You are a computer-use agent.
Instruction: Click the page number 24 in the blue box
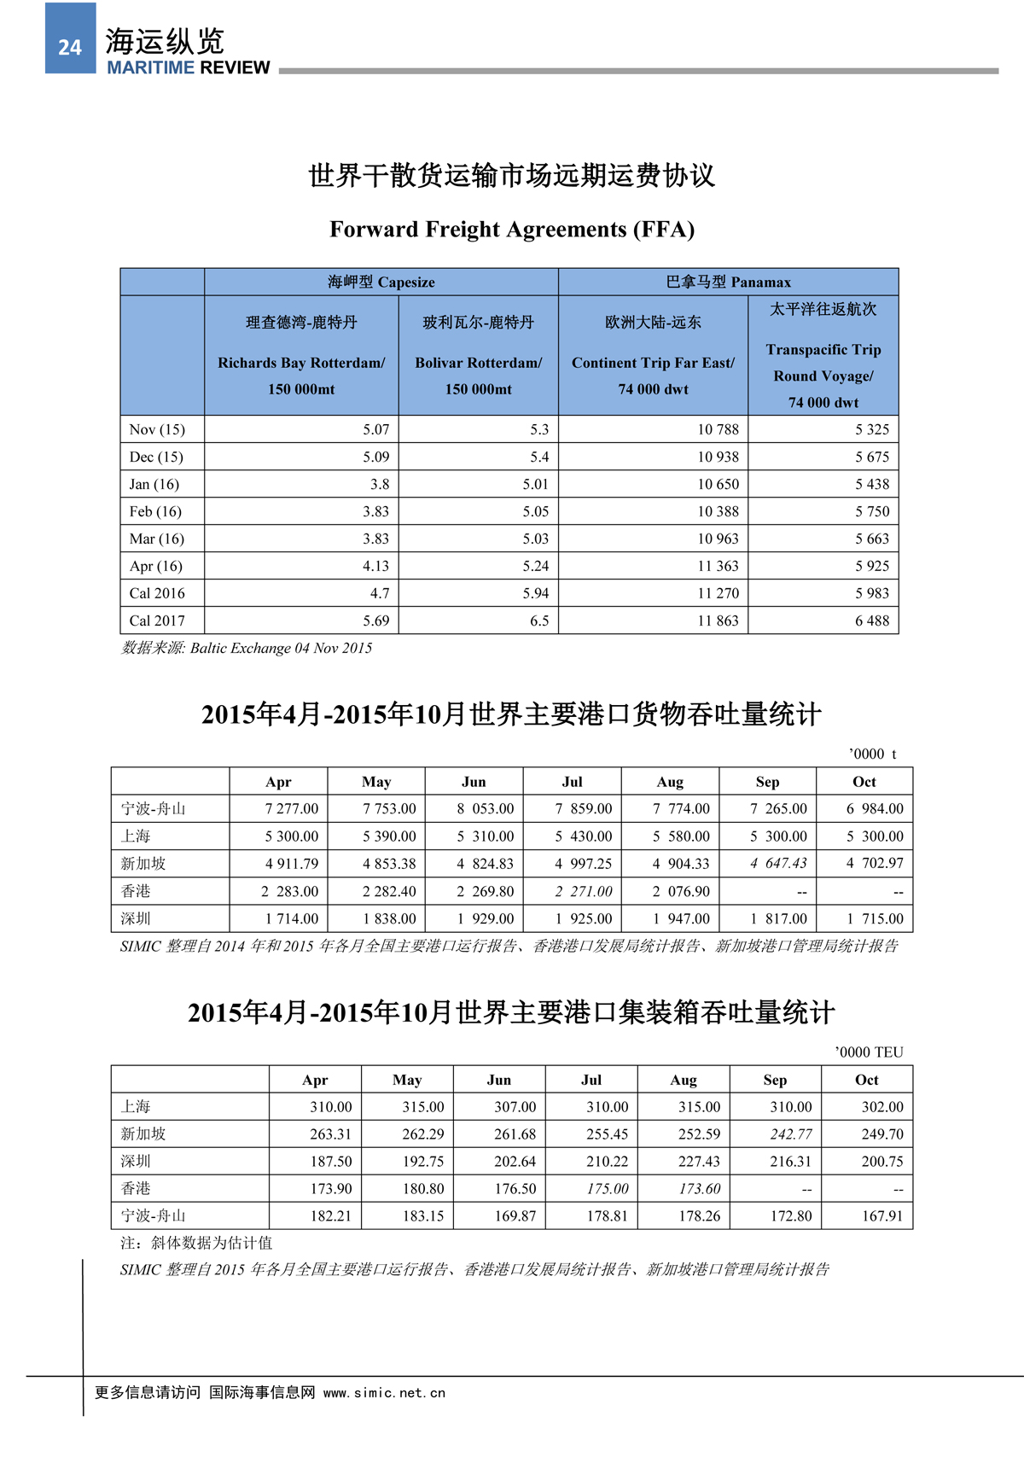70,48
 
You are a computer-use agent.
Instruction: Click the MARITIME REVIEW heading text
188,68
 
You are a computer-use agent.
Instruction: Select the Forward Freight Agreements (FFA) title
512,230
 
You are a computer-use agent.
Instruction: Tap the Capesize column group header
381,283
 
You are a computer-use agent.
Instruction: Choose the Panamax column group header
728,283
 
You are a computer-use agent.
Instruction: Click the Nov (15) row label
157,429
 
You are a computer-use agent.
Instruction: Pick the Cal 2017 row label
157,621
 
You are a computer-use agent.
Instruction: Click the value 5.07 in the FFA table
375,429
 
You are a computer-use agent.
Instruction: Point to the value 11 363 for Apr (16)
718,566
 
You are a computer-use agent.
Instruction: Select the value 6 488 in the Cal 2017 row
871,621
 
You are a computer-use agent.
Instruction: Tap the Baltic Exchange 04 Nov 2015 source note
247,648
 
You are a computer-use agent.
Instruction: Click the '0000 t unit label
872,754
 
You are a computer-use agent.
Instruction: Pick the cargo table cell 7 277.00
291,808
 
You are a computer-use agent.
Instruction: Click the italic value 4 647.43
778,863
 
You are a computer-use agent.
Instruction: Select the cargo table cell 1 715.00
875,918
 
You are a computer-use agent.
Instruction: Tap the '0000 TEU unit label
869,1052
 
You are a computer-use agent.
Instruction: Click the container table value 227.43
699,1161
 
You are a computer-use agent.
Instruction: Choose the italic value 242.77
791,1134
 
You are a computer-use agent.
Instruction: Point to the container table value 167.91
881,1215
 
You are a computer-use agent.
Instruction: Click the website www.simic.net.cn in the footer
384,1393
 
